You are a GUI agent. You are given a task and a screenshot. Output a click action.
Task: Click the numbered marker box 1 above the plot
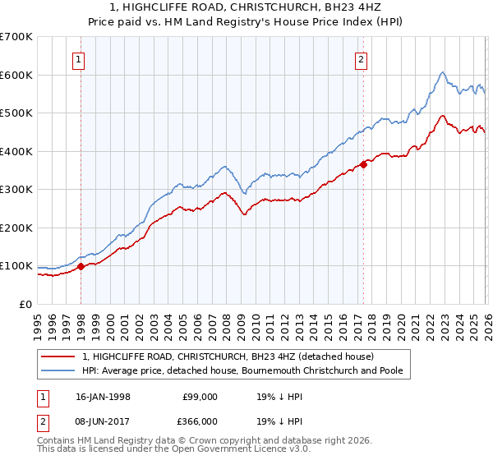point(79,58)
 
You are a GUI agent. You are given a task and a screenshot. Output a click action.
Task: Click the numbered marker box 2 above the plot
point(361,58)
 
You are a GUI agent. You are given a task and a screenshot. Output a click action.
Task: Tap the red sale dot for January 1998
point(81,266)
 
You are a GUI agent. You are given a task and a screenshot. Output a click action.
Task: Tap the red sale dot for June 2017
point(362,164)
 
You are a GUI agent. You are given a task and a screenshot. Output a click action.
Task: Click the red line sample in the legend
point(58,357)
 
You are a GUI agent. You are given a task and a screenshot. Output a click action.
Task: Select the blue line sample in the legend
point(58,370)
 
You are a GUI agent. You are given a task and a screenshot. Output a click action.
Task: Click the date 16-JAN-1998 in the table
point(103,396)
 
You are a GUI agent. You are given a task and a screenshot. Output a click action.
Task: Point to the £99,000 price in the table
point(200,396)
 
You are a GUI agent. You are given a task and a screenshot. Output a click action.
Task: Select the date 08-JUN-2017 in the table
point(103,421)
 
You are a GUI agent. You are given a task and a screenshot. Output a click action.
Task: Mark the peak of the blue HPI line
point(442,72)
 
